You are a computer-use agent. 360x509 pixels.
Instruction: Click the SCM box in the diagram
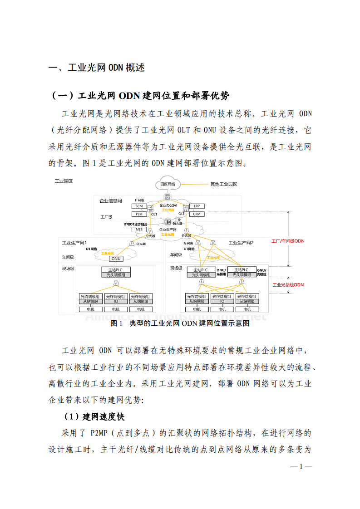[139, 206]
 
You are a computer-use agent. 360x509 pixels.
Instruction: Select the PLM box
[139, 214]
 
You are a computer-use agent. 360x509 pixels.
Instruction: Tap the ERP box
[197, 206]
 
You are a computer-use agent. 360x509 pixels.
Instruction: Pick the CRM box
[197, 214]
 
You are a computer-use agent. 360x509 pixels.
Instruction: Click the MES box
[139, 230]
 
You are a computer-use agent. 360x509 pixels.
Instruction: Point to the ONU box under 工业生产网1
[116, 259]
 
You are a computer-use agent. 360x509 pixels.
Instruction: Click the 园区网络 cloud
[168, 184]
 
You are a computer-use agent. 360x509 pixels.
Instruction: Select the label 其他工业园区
[223, 184]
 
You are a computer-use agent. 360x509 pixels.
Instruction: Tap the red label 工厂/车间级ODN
[288, 241]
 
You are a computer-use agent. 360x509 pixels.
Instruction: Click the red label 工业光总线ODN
[288, 285]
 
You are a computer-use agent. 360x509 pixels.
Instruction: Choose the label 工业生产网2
[241, 243]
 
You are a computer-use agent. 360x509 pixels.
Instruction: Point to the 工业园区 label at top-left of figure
[64, 181]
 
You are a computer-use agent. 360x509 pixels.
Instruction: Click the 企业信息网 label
[111, 201]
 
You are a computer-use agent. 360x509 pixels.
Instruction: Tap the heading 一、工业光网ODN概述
[97, 68]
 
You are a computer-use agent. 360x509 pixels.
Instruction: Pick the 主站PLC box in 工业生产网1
[116, 270]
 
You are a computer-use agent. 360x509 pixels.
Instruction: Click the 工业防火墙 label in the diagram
[178, 221]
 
